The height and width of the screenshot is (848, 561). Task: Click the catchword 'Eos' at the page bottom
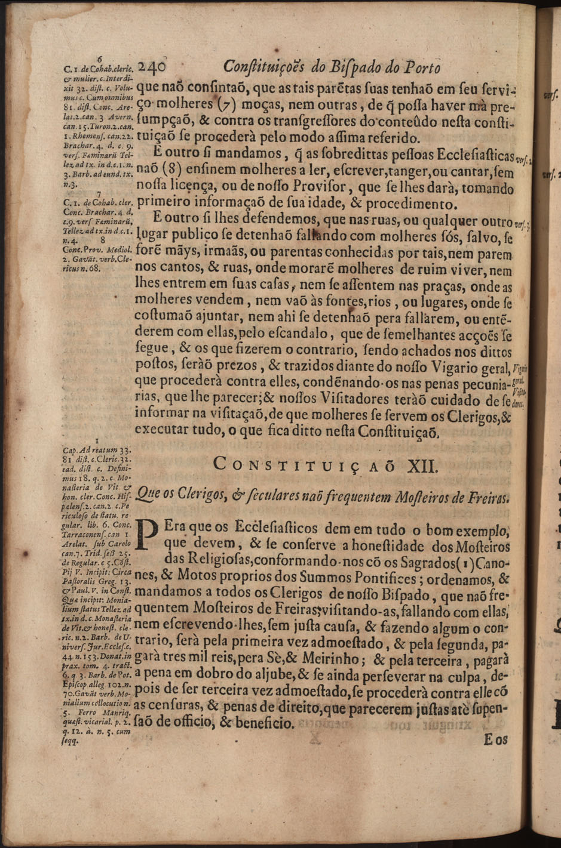[494, 740]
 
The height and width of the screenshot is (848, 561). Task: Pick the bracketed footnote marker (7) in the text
[226, 107]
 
